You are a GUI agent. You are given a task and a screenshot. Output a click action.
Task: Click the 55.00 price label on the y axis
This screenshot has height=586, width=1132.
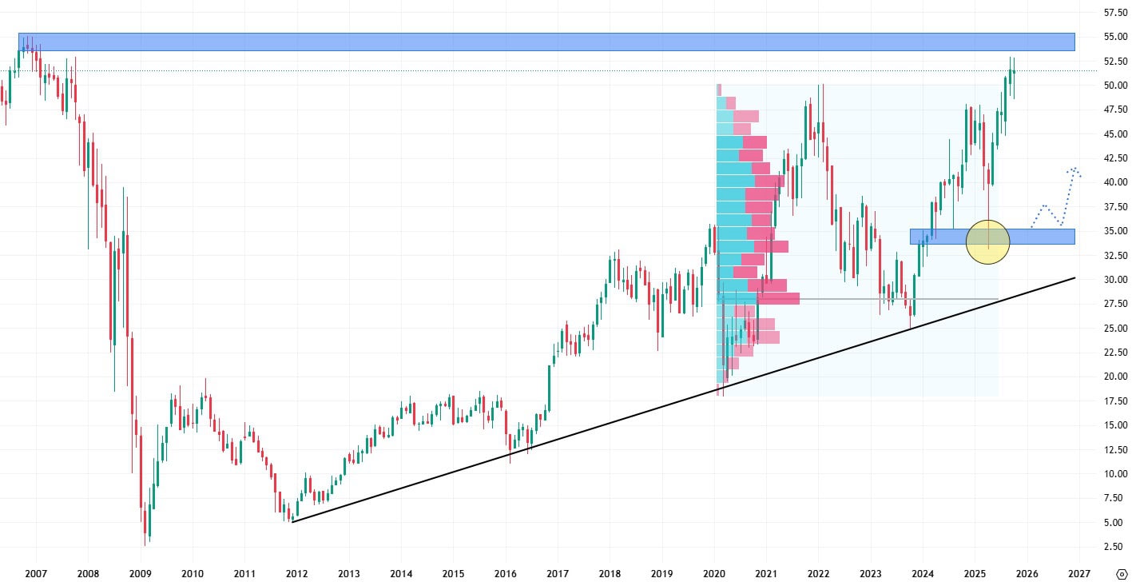tap(1114, 37)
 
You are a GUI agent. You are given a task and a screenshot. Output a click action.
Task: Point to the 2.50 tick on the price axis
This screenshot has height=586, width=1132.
tap(1114, 547)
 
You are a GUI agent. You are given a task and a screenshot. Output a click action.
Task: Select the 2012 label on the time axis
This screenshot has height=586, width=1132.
tap(296, 573)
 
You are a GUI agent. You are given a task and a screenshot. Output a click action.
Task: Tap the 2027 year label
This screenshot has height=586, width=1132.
tap(1078, 573)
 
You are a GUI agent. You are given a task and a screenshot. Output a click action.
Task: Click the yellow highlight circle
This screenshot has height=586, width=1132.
tap(987, 241)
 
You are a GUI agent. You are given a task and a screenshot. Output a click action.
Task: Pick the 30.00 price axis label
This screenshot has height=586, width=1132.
tap(1114, 280)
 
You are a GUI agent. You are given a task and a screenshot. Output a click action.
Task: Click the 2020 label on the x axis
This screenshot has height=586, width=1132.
tap(713, 573)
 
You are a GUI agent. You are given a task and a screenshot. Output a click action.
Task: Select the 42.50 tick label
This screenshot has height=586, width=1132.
tap(1114, 158)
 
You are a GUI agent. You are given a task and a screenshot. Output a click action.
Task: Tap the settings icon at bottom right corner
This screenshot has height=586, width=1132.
tap(1121, 574)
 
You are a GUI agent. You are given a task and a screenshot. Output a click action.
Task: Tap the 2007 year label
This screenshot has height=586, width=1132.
tap(36, 573)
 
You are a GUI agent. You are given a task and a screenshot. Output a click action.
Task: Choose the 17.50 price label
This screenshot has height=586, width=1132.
tap(1114, 401)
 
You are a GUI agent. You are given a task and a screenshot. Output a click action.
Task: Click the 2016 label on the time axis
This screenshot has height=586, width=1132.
tap(505, 573)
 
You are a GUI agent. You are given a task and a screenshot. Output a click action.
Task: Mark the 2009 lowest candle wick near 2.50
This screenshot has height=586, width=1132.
tap(145, 544)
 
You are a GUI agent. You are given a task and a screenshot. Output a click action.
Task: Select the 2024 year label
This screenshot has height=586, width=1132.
tap(922, 573)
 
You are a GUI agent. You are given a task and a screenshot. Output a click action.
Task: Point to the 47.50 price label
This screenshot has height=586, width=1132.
tap(1114, 110)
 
